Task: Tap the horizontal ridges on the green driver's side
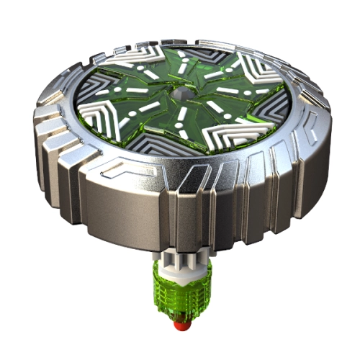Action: [x=173, y=306]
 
